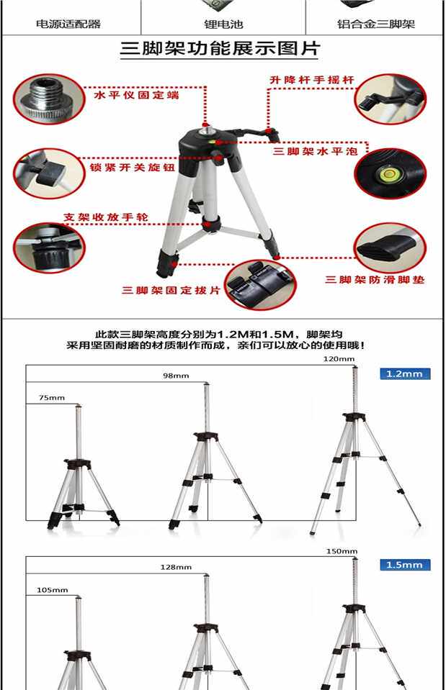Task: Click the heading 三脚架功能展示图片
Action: (x=220, y=48)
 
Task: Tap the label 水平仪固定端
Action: (x=136, y=95)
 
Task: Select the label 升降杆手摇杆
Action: (x=312, y=80)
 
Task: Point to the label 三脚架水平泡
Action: (x=315, y=151)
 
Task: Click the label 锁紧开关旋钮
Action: (x=132, y=167)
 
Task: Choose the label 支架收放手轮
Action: (x=106, y=217)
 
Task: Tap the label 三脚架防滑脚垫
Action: (x=375, y=279)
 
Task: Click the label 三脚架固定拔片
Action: (x=171, y=290)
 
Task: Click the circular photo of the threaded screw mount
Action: (x=48, y=99)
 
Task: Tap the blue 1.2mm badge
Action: (x=405, y=374)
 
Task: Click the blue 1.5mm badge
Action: (x=405, y=565)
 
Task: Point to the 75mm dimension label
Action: (x=52, y=398)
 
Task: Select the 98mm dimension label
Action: (x=176, y=376)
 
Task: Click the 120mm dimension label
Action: (x=339, y=359)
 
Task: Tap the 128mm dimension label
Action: (x=176, y=567)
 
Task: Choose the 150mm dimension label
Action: (x=342, y=551)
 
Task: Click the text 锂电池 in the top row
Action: (x=223, y=24)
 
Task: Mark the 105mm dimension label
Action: (x=53, y=590)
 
